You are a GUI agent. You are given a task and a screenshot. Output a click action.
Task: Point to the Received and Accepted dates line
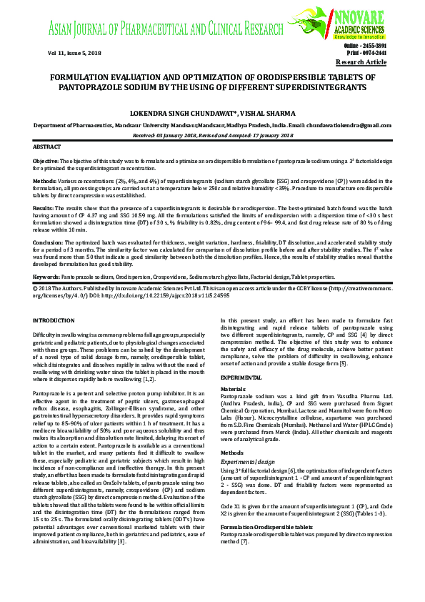pos(213,134)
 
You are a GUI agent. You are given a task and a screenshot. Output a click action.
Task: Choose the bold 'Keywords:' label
pos(46,275)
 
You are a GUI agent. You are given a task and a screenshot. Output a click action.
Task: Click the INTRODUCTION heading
pos(54,320)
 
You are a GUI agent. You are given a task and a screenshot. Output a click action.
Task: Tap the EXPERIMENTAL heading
pos(241,376)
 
